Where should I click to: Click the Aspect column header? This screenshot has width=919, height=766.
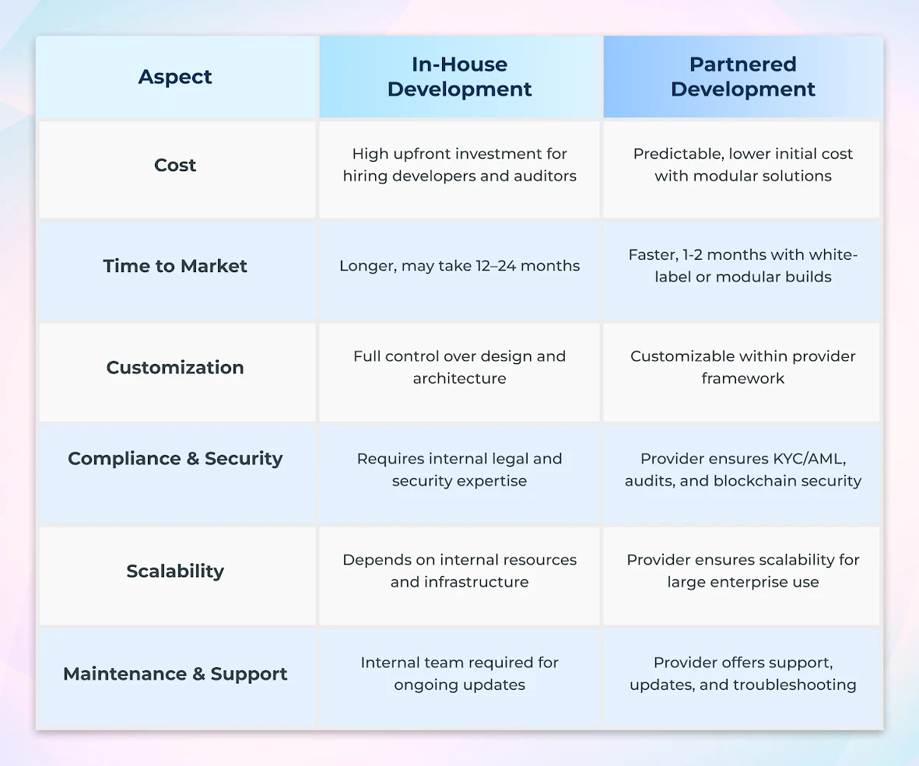(x=175, y=77)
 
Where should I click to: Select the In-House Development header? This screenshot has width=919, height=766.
(x=459, y=77)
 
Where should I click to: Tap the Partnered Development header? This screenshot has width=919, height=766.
(x=743, y=77)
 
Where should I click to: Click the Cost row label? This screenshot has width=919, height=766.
(x=175, y=165)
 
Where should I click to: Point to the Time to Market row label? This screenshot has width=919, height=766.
(x=175, y=266)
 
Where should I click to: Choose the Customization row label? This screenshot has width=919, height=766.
(x=175, y=367)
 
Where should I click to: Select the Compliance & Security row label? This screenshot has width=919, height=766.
(x=175, y=459)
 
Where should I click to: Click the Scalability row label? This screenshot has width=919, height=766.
(x=175, y=571)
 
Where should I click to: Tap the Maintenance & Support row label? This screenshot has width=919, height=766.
(x=175, y=673)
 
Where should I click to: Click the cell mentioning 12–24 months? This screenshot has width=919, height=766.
(x=459, y=266)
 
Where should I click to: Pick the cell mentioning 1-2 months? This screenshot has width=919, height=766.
(x=743, y=266)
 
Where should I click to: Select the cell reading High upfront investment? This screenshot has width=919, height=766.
(x=459, y=165)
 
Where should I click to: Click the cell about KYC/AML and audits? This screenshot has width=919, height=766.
(x=743, y=470)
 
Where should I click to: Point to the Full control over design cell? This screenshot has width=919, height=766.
(x=459, y=367)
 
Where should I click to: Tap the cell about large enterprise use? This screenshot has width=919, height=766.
(x=743, y=571)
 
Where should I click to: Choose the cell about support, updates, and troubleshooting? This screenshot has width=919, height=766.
(x=743, y=673)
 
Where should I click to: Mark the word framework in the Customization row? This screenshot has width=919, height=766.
(x=743, y=379)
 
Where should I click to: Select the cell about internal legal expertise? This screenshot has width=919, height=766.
(x=459, y=470)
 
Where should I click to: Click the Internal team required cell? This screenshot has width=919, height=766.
(x=459, y=673)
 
